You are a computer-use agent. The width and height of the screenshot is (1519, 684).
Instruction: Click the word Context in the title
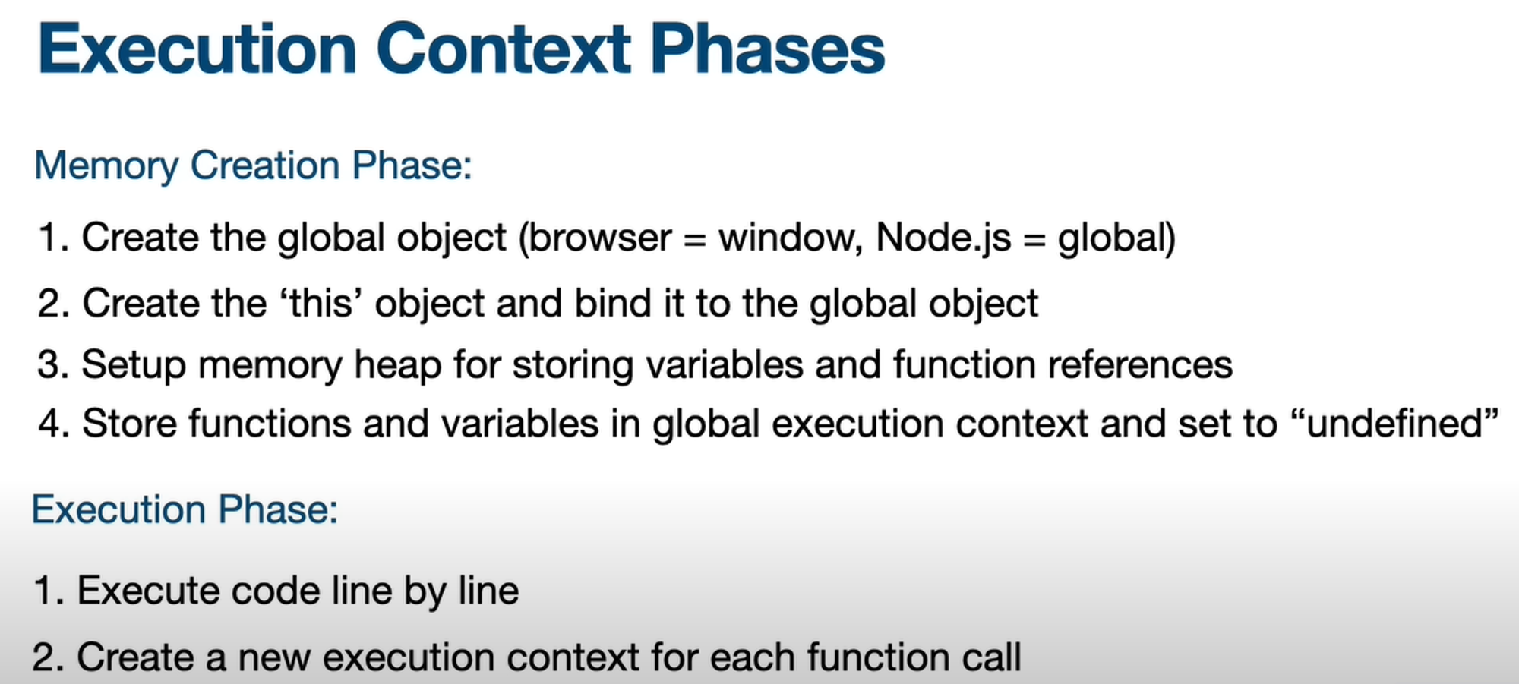pos(503,49)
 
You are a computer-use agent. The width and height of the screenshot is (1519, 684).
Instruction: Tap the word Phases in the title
pos(767,49)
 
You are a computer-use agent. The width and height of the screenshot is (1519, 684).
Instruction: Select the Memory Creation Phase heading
pos(254,166)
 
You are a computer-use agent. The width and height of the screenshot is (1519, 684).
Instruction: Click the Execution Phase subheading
pos(185,509)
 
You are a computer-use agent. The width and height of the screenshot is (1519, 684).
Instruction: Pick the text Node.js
pos(943,238)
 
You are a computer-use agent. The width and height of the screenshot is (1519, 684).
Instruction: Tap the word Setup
pos(134,365)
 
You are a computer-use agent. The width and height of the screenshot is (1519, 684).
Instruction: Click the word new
pos(274,657)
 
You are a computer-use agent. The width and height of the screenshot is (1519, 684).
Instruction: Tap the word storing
pos(573,365)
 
